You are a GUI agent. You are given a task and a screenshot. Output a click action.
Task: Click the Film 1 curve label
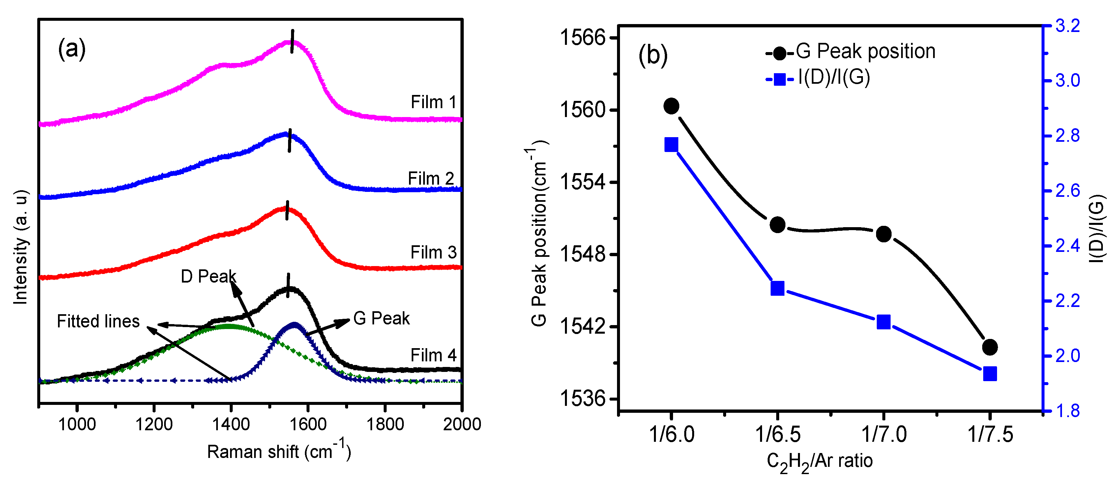[433, 103]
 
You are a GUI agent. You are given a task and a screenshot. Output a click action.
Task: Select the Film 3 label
[433, 253]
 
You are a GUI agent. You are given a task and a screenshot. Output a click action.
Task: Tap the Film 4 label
[433, 355]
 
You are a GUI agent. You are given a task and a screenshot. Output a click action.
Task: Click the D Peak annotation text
[208, 277]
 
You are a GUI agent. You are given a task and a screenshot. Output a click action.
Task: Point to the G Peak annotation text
[381, 318]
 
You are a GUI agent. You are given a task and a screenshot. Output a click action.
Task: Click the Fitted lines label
[98, 321]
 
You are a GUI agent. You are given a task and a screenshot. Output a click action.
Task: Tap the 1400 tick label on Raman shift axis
[231, 424]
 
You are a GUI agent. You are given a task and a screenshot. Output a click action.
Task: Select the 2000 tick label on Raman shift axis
[461, 424]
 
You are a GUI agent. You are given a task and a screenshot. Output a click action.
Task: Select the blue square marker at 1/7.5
[989, 374]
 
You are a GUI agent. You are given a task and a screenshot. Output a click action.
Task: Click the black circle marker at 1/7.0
[884, 234]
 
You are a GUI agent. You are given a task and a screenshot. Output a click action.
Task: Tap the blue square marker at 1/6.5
[777, 288]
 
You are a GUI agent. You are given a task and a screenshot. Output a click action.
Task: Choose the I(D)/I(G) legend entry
[819, 78]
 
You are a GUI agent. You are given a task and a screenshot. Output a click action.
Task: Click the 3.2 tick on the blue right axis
[1067, 26]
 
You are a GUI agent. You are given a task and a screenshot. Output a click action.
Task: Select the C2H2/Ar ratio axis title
[819, 461]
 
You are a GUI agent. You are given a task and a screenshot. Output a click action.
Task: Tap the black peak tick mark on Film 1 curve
[292, 41]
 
